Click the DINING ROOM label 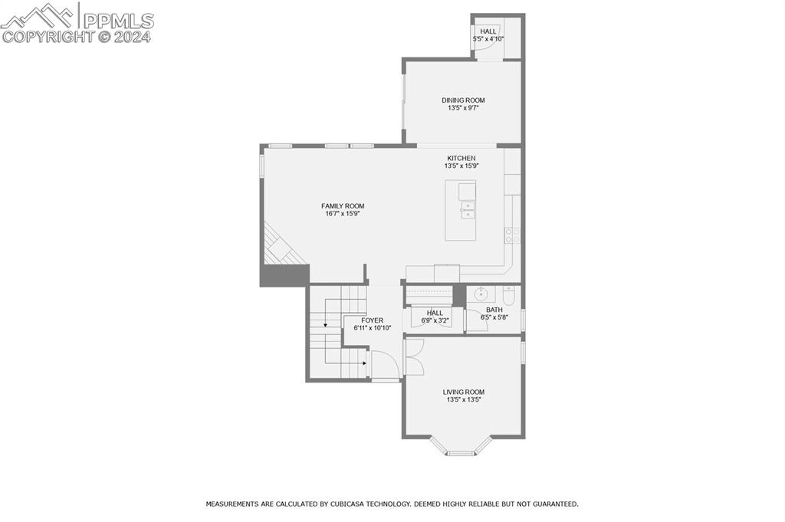463,100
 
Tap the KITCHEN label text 461,158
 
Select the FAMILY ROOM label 343,205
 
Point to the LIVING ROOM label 464,392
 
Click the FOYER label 372,320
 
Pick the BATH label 494,310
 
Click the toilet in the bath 509,296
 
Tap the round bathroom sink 481,294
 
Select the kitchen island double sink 468,210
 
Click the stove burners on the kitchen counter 512,235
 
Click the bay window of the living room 461,446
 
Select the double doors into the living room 414,357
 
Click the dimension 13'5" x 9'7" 463,107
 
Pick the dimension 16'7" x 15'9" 343,213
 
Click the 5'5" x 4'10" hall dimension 488,38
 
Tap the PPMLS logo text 118,21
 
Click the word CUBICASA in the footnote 349,504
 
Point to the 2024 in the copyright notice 132,37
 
